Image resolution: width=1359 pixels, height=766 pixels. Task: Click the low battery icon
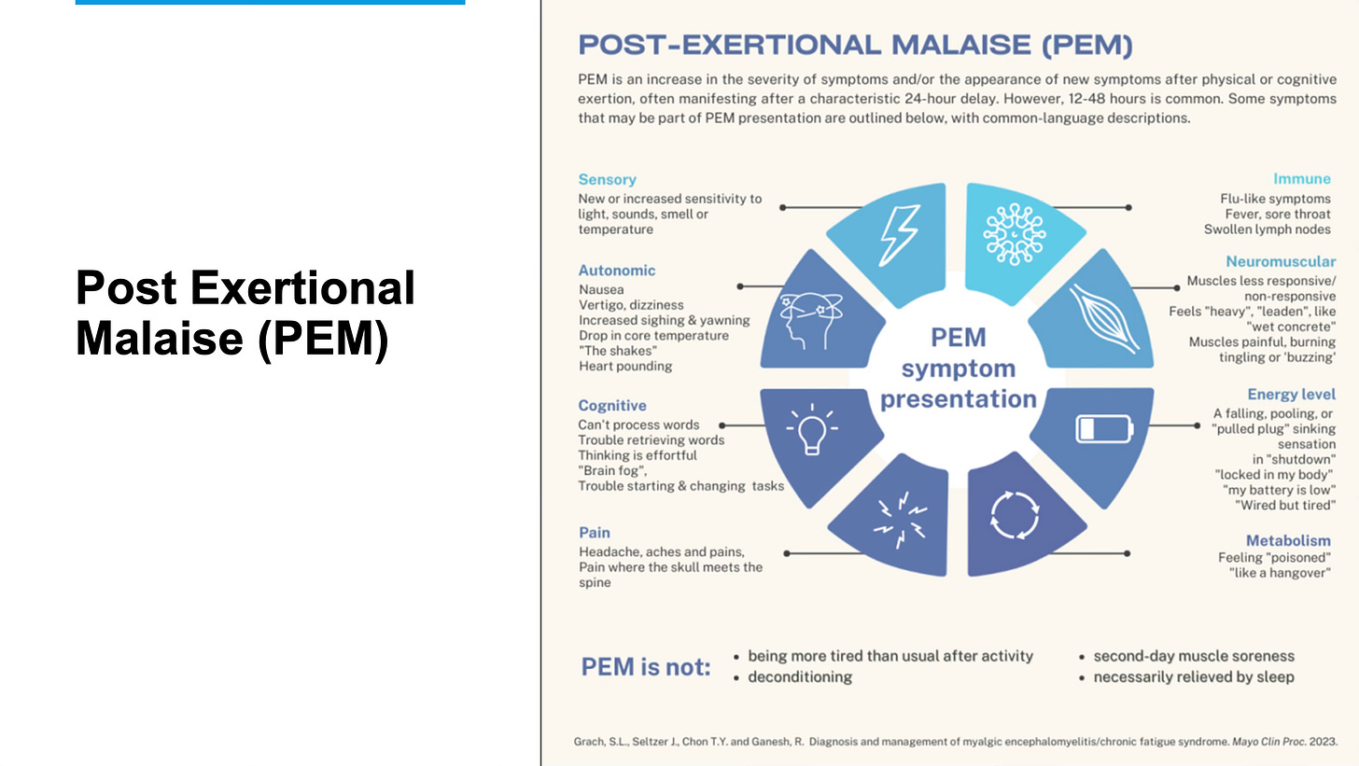tap(1104, 428)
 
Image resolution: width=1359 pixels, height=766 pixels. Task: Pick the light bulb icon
tap(811, 430)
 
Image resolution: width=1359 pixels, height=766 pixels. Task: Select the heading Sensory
tap(607, 179)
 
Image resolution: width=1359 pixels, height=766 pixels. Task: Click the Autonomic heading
tap(617, 271)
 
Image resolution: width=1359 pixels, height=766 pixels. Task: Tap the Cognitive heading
tap(612, 406)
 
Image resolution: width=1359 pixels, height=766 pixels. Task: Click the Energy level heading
tap(1291, 395)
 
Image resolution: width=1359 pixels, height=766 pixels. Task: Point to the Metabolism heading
tap(1288, 540)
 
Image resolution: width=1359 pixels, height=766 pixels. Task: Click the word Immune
tap(1302, 179)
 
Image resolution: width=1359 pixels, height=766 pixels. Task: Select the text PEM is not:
tap(646, 667)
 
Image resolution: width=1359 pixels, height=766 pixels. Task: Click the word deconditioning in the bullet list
tap(800, 676)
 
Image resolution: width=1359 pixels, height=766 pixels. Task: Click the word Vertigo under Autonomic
tap(601, 305)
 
